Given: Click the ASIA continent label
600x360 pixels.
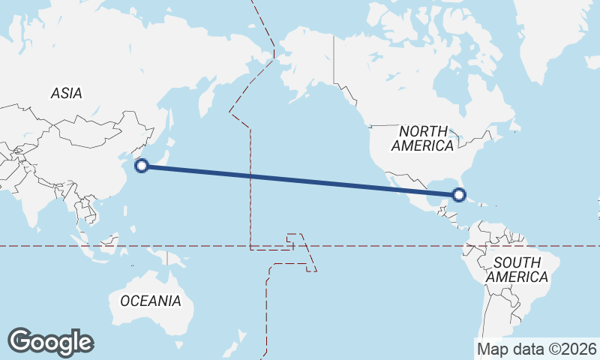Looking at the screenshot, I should [66, 94].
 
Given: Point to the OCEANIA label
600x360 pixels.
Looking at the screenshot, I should [151, 301].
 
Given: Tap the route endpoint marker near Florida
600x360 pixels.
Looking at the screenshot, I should [459, 195].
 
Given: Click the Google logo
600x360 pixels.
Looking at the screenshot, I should [50, 342].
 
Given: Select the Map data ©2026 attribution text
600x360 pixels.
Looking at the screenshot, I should [537, 349].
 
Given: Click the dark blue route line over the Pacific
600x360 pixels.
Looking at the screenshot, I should [300, 181].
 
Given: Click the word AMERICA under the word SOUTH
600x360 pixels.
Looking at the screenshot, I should [517, 277].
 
